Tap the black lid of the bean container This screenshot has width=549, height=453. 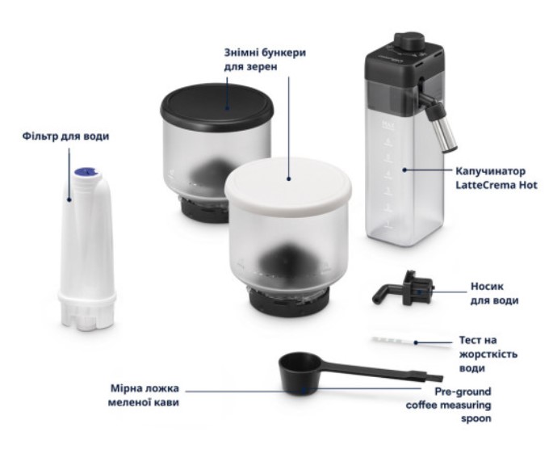click(217, 107)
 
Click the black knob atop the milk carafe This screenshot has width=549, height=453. click(409, 42)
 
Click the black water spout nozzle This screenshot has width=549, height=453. click(404, 290)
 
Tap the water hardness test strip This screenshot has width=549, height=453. click(410, 342)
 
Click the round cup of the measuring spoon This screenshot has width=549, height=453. click(300, 375)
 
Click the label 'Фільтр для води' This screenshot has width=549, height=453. click(66, 136)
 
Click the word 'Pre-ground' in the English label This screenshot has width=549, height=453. click(463, 392)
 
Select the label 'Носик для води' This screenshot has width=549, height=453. click(493, 293)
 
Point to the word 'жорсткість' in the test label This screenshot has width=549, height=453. click(488, 354)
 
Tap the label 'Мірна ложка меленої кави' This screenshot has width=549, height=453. click(144, 395)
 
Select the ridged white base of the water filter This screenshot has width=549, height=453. click(87, 310)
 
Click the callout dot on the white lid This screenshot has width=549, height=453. click(289, 178)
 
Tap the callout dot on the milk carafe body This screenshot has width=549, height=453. click(404, 170)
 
